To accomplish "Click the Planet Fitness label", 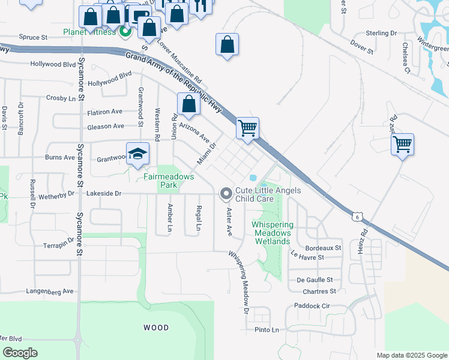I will tap(90, 32).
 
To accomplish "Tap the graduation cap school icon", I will tap(137, 154).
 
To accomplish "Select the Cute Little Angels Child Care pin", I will tap(226, 193).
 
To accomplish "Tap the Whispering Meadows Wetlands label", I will tap(272, 233).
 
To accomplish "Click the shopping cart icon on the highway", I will tap(247, 128).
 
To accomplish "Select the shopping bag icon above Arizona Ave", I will tap(188, 104).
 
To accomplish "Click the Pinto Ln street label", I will tap(267, 330).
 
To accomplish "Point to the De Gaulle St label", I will tap(315, 280).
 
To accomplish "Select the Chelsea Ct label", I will tap(406, 58).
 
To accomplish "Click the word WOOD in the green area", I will tap(155, 328).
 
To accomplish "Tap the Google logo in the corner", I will tap(20, 353).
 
